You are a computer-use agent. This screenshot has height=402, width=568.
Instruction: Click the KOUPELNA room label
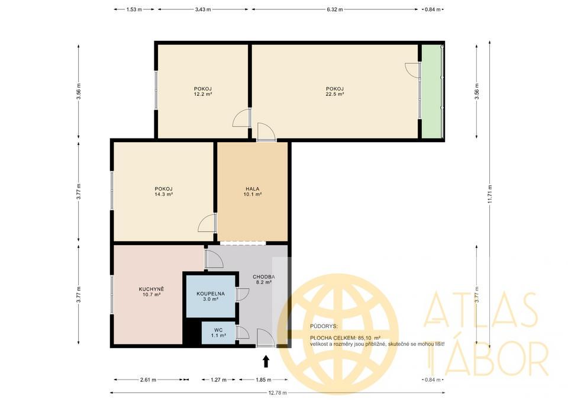click(x=211, y=296)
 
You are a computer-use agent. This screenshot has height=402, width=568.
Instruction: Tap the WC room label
click(x=218, y=333)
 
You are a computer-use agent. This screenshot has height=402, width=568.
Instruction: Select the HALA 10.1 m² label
click(x=253, y=191)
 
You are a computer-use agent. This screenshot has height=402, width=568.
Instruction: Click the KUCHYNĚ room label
click(x=151, y=291)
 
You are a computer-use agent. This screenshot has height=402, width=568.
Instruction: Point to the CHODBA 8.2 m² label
click(x=263, y=279)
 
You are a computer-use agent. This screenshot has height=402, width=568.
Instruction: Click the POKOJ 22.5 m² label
click(x=334, y=91)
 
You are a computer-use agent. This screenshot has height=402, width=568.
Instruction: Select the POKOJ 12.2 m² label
click(x=202, y=91)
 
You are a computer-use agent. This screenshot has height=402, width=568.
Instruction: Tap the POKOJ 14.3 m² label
click(x=163, y=191)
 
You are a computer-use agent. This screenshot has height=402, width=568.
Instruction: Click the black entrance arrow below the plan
click(x=266, y=361)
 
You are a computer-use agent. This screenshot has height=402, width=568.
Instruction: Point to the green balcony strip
click(x=433, y=91)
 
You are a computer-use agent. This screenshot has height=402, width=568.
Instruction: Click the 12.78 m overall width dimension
click(x=276, y=393)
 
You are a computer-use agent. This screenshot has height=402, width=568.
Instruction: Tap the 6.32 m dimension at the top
click(x=334, y=10)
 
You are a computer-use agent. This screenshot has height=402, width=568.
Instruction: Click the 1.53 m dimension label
click(x=134, y=10)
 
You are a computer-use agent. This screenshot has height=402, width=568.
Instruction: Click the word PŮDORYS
click(x=323, y=326)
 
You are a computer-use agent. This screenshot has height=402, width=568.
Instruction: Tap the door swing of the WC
click(x=243, y=332)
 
